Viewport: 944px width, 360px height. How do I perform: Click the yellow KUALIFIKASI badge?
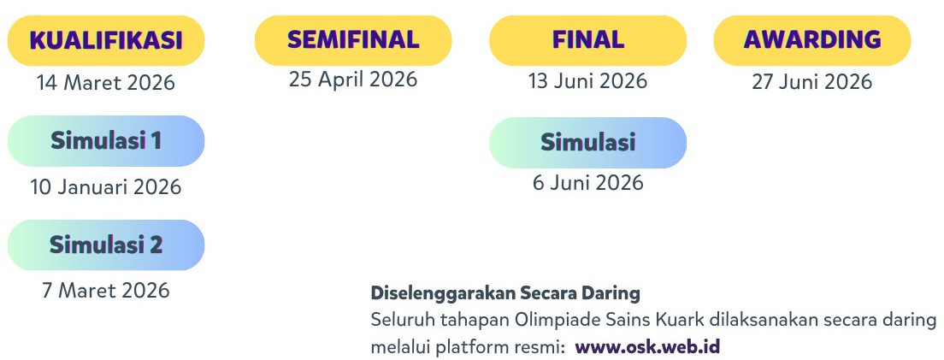pyautogui.click(x=106, y=41)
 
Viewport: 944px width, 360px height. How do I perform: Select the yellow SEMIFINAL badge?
pyautogui.click(x=353, y=40)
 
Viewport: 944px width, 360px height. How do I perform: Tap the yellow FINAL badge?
pyautogui.click(x=587, y=40)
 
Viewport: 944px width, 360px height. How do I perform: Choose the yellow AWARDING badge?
pyautogui.click(x=812, y=40)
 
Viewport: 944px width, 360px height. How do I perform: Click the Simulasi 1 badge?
pyautogui.click(x=106, y=140)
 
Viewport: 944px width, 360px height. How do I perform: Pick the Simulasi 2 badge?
pyautogui.click(x=106, y=245)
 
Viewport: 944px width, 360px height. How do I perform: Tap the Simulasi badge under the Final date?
pyautogui.click(x=587, y=142)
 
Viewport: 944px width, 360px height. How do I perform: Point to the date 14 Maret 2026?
pyautogui.click(x=105, y=83)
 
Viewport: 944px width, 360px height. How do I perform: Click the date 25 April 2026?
pyautogui.click(x=353, y=80)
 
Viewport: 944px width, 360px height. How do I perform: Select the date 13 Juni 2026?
pyautogui.click(x=587, y=81)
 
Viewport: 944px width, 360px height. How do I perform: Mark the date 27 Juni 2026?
pyautogui.click(x=812, y=81)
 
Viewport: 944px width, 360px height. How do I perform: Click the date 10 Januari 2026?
pyautogui.click(x=106, y=186)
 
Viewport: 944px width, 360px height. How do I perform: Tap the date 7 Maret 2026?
pyautogui.click(x=106, y=290)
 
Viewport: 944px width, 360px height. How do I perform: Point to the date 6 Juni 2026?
pyautogui.click(x=587, y=182)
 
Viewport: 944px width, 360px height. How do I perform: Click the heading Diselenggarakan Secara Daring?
pyautogui.click(x=505, y=293)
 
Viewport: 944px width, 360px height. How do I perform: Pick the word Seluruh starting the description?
pyautogui.click(x=398, y=321)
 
